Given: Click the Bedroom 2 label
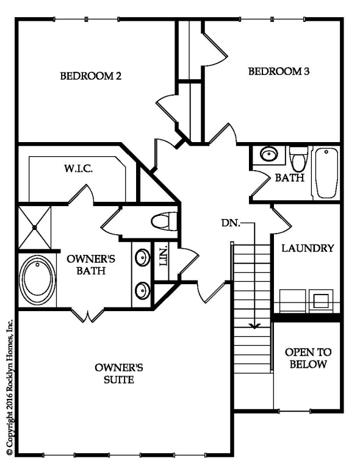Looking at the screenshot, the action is point(91,76).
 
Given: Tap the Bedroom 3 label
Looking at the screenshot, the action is point(279,71).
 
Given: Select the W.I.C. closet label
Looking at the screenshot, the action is point(78,169).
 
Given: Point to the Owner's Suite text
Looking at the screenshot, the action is point(119,373).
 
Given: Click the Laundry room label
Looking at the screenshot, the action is point(308,248).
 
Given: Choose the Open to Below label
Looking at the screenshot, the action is point(308,358).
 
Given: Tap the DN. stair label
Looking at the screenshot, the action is point(231,223).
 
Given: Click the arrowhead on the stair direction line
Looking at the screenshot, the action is point(254,326).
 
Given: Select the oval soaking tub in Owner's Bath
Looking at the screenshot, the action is point(37,279).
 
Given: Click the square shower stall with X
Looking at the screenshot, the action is point(35,228).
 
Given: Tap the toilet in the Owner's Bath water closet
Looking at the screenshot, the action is point(164,221).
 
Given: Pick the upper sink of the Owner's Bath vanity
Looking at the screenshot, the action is point(142,257).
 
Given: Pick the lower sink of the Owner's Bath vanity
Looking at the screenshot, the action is point(142,290).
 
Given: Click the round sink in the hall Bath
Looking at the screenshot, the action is point(269,154).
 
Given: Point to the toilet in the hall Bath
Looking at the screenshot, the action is point(298,159).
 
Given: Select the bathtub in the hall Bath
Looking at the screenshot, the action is point(326,173).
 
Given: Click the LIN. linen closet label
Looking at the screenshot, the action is point(163,256).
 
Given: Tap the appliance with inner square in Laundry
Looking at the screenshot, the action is point(321,301).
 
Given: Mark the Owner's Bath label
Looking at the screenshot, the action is point(91,265).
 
